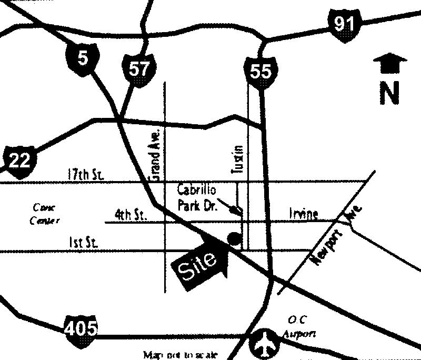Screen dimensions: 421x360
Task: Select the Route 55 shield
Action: [260, 69]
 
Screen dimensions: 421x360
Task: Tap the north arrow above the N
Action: [389, 64]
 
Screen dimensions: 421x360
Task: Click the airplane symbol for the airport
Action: [265, 343]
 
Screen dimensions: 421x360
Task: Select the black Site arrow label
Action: [202, 262]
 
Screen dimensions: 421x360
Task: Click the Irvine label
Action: [304, 214]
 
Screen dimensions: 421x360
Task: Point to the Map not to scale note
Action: [180, 355]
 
